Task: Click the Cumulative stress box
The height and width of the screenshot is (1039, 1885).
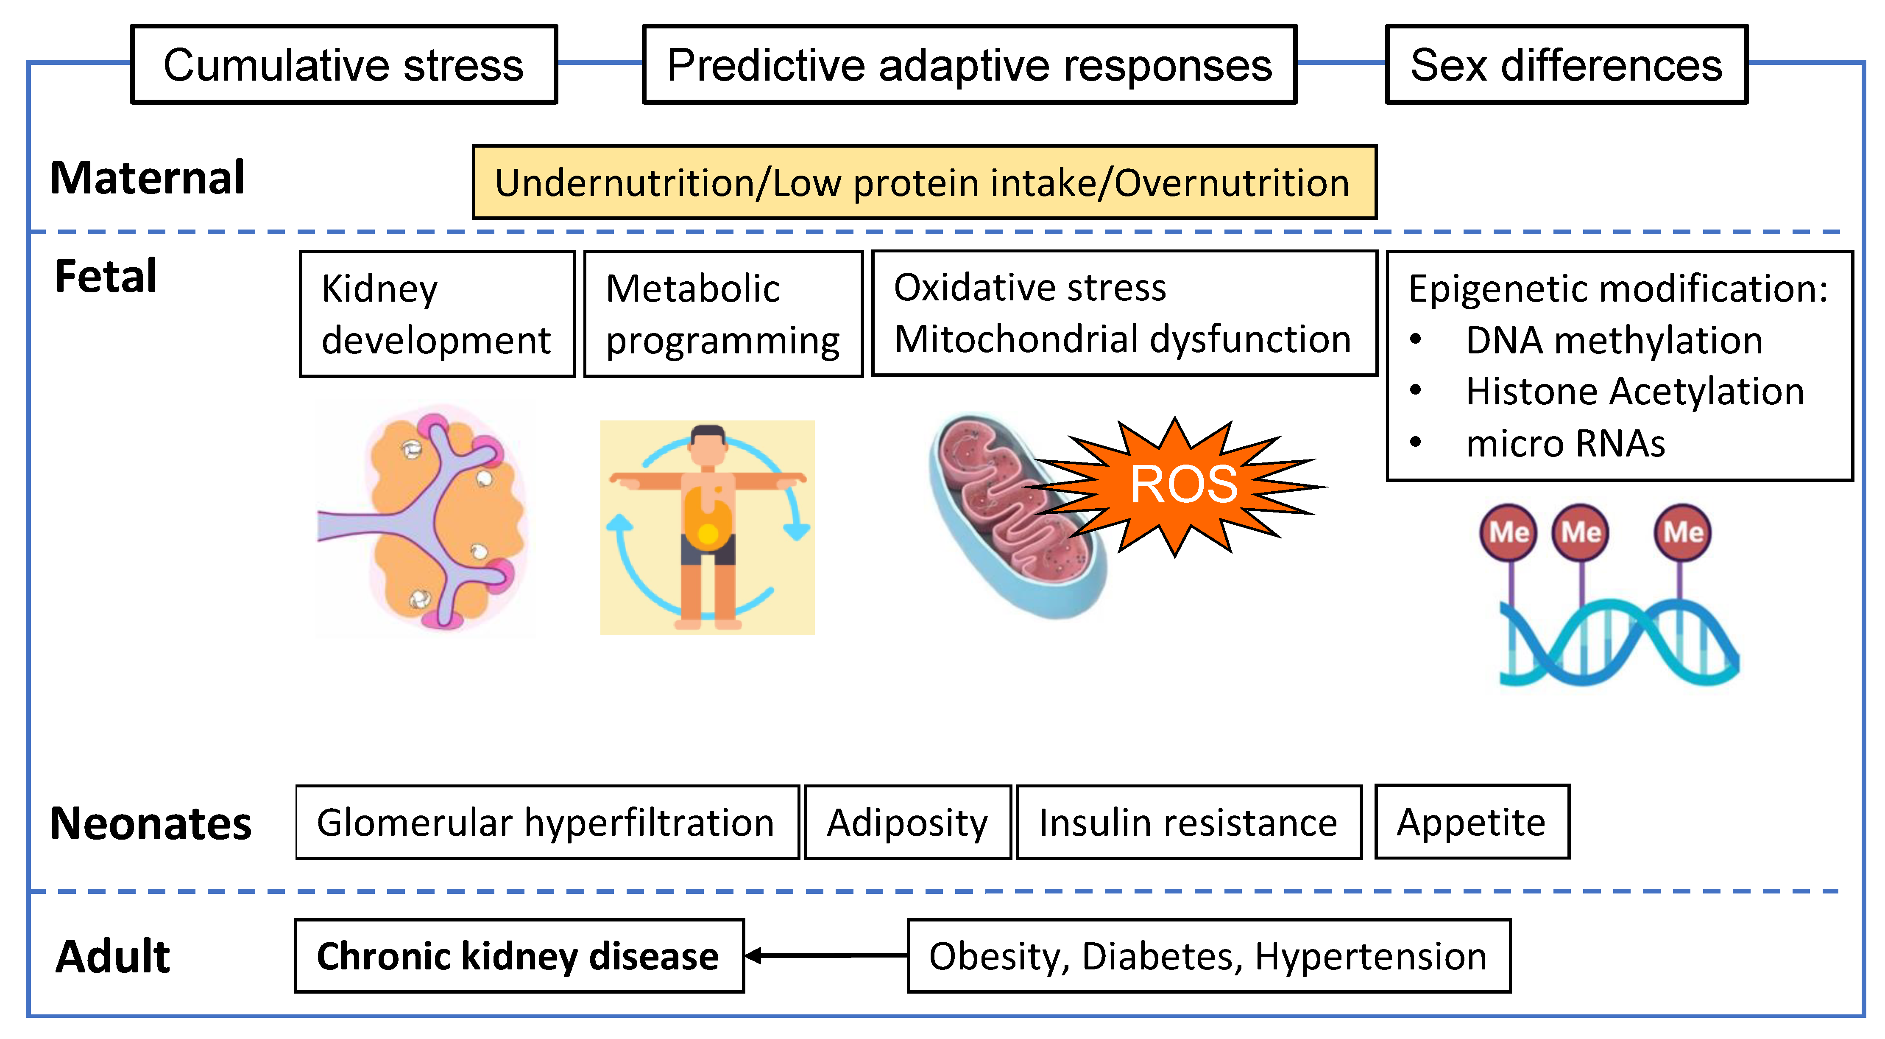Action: coord(344,64)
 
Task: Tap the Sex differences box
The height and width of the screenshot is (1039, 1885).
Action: coord(1566,64)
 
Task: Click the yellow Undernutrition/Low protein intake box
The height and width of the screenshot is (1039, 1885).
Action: coord(923,182)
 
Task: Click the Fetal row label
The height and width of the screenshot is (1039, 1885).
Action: coord(106,276)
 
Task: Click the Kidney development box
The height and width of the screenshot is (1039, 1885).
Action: coord(437,314)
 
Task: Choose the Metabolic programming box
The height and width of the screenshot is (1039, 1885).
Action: coord(723,314)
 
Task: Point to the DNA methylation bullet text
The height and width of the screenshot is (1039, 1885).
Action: coord(1614,341)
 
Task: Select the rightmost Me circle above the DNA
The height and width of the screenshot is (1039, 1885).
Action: coord(1682,532)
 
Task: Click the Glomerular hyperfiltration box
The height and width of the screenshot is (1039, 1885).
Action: coord(547,822)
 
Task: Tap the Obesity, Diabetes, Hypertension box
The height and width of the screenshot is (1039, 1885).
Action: coord(1208,956)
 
